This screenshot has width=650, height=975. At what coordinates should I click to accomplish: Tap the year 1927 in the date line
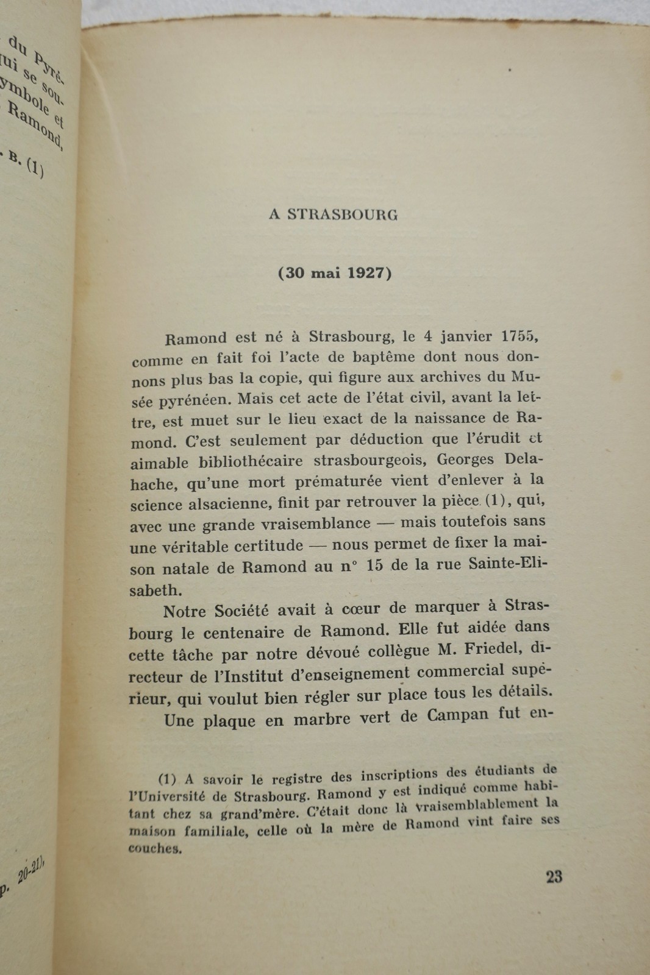pyautogui.click(x=366, y=272)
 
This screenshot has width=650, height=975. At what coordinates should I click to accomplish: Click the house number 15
pyautogui.click(x=376, y=565)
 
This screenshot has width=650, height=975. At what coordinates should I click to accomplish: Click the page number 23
pyautogui.click(x=554, y=877)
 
